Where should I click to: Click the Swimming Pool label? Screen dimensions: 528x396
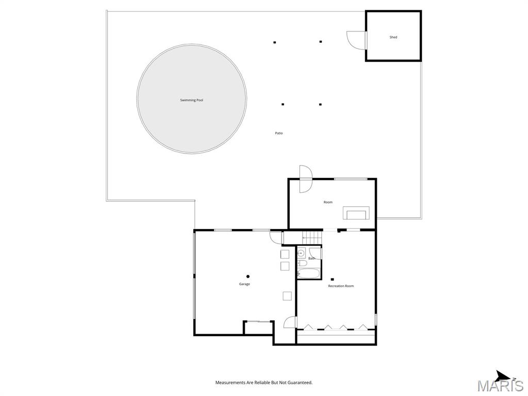[192, 100]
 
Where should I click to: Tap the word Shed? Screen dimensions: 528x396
[393, 37]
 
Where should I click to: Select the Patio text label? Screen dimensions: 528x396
[279, 133]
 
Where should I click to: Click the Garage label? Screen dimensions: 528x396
[244, 284]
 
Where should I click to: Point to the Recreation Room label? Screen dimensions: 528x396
[341, 286]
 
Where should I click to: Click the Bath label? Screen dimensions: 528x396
[312, 258]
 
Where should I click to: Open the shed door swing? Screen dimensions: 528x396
[356, 40]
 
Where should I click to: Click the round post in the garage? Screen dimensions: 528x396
[248, 276]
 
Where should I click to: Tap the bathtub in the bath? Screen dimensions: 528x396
[309, 273]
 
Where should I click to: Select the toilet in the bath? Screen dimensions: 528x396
[302, 263]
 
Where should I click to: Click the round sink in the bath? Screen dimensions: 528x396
[301, 253]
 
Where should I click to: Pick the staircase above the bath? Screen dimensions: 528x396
[312, 238]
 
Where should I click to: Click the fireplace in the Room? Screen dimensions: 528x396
[356, 213]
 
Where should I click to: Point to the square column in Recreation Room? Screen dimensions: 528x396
[332, 279]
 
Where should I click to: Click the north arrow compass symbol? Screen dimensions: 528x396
[504, 375]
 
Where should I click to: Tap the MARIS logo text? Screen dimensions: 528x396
[500, 386]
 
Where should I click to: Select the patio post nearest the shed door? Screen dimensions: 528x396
[321, 42]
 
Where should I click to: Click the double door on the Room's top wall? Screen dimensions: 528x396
[306, 179]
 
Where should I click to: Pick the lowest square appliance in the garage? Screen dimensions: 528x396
[287, 295]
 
